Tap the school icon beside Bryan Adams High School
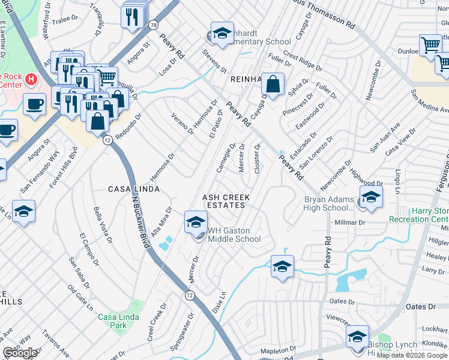tap(371, 197)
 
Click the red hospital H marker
tap(29, 79)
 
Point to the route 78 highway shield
tap(154, 25)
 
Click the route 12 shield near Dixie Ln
tap(190, 295)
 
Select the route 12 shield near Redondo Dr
tap(107, 139)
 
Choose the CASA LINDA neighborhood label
tap(133, 189)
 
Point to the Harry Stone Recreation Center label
tap(430, 215)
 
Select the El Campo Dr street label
tap(88, 244)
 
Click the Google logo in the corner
tap(20, 352)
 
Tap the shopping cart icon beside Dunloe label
tap(430, 46)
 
